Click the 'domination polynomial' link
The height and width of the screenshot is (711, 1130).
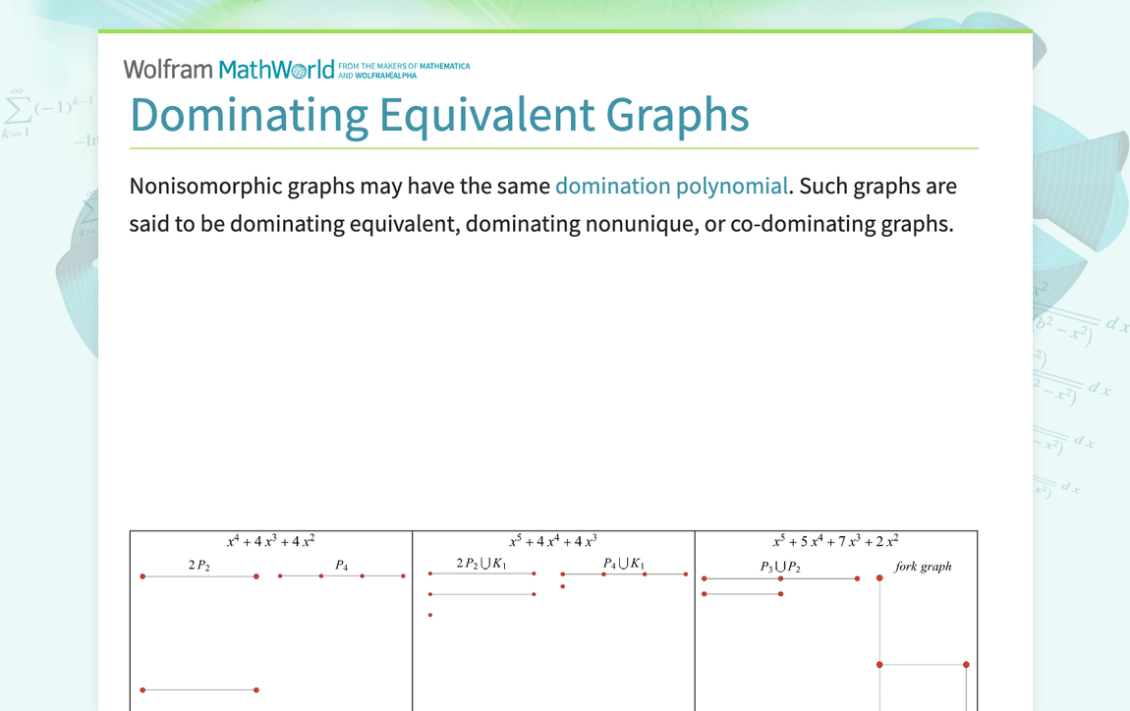(671, 187)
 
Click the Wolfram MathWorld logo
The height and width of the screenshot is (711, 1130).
(229, 69)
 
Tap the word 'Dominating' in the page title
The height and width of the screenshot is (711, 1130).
(249, 114)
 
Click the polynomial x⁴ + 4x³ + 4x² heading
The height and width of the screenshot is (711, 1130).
(271, 541)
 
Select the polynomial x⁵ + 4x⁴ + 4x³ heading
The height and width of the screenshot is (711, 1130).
(553, 541)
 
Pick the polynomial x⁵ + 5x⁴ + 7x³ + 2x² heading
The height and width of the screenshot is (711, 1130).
(836, 541)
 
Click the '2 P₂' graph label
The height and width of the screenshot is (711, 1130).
(199, 566)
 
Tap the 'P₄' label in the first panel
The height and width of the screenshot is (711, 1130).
(342, 566)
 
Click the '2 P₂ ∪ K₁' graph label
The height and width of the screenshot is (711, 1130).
(481, 564)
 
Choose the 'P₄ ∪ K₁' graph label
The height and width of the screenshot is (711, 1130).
(624, 564)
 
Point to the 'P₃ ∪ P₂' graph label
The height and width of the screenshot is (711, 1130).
(780, 567)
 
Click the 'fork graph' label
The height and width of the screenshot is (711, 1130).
(923, 567)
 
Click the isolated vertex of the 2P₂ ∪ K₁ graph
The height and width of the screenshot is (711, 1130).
(430, 616)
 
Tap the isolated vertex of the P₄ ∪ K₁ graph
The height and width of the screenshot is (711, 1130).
(563, 587)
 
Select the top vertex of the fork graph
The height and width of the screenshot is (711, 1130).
(879, 578)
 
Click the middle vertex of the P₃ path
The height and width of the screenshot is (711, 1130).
(781, 579)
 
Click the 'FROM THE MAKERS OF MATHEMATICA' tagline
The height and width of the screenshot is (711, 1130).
(404, 66)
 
